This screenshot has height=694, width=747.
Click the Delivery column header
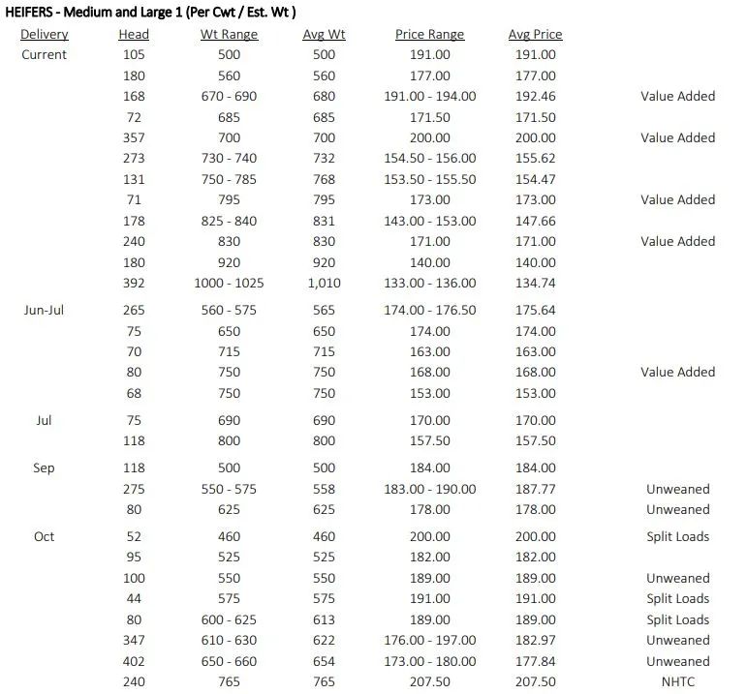point(45,35)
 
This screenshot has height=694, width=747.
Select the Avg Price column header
point(535,35)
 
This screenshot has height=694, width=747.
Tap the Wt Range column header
point(229,35)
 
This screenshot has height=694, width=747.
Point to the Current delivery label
point(45,55)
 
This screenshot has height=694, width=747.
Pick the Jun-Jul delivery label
point(45,311)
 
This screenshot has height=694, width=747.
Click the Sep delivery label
point(45,468)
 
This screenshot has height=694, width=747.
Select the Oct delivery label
point(45,537)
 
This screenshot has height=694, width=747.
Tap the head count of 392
point(134,284)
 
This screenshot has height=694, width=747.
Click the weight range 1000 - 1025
point(229,284)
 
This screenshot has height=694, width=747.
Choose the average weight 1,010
point(324,284)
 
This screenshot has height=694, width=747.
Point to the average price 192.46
point(535,97)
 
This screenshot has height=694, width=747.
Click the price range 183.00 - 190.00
point(430,490)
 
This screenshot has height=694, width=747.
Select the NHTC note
point(678,682)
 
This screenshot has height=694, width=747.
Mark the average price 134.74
point(535,284)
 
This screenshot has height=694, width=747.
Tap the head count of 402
point(134,662)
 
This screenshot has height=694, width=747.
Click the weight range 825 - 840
point(229,222)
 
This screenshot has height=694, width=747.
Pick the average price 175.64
point(535,311)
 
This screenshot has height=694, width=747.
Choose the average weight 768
point(324,180)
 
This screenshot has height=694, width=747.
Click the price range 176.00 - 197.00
point(430,641)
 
